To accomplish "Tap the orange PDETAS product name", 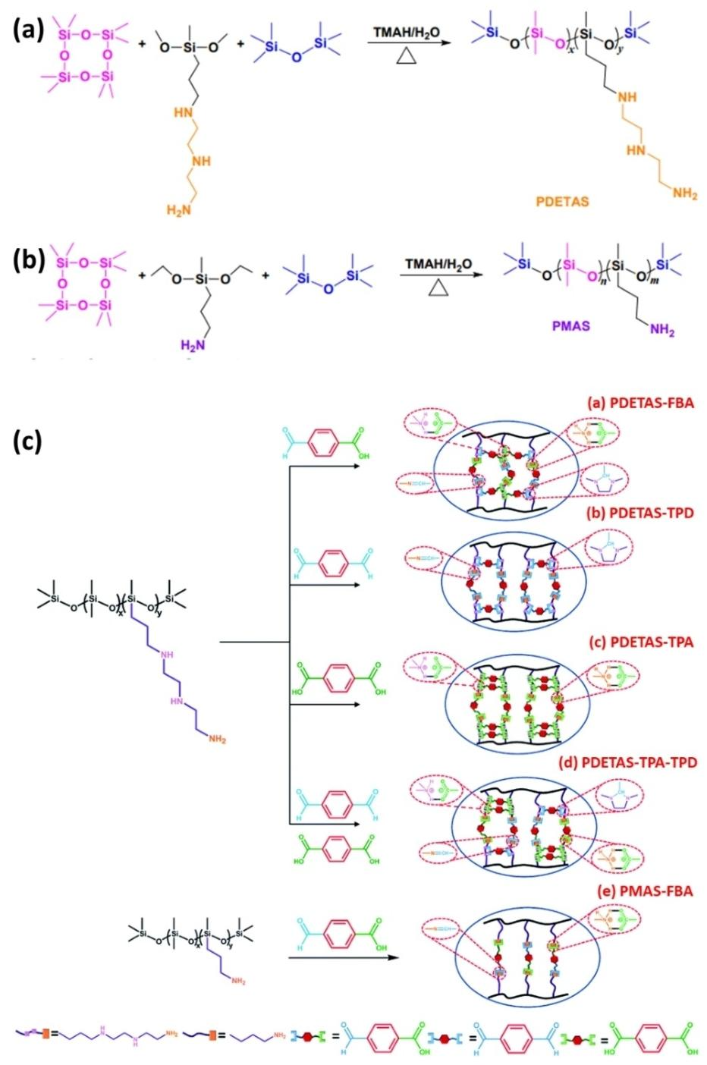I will point(562,203).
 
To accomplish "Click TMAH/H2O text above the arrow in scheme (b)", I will point(438,264).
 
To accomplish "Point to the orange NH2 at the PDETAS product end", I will point(684,194).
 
